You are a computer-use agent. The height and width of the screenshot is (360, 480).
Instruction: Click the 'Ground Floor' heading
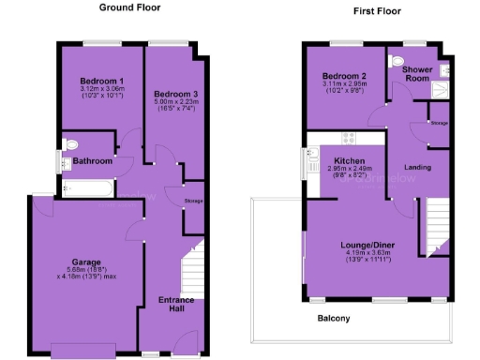(x=129, y=7)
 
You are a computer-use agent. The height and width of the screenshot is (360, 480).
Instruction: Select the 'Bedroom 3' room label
(x=176, y=95)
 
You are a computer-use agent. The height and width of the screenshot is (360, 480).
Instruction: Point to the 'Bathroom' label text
(x=93, y=161)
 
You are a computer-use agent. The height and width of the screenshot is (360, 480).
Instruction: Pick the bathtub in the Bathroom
(x=86, y=188)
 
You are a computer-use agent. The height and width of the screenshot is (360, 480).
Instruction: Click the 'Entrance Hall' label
(x=175, y=305)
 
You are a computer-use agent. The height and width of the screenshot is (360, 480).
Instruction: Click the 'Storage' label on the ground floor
(x=194, y=201)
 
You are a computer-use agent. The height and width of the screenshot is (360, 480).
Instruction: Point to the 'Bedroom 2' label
(x=343, y=76)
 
